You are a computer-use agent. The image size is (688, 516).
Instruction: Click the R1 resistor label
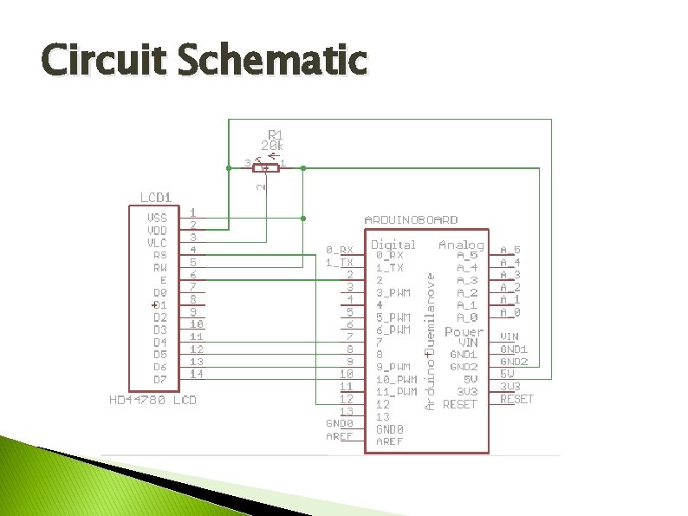275,134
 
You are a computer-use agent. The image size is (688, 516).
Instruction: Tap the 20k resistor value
277,146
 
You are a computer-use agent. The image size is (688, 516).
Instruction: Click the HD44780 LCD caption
153,401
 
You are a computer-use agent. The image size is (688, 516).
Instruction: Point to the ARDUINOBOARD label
412,220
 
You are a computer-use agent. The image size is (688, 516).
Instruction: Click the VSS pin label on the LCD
157,218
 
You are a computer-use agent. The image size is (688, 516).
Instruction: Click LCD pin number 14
197,374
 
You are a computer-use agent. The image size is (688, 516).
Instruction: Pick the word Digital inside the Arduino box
393,245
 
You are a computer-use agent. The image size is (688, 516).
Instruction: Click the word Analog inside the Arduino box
461,245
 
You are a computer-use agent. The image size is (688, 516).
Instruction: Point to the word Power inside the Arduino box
464,332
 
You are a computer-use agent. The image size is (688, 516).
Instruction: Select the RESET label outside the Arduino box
516,399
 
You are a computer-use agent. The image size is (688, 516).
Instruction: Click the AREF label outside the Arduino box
340,436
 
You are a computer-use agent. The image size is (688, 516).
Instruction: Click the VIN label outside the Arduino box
510,336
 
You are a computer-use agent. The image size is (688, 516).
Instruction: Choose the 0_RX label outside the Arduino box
340,250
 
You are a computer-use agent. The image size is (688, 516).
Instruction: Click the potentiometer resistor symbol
266,167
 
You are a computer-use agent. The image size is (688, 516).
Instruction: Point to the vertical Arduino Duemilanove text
429,338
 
